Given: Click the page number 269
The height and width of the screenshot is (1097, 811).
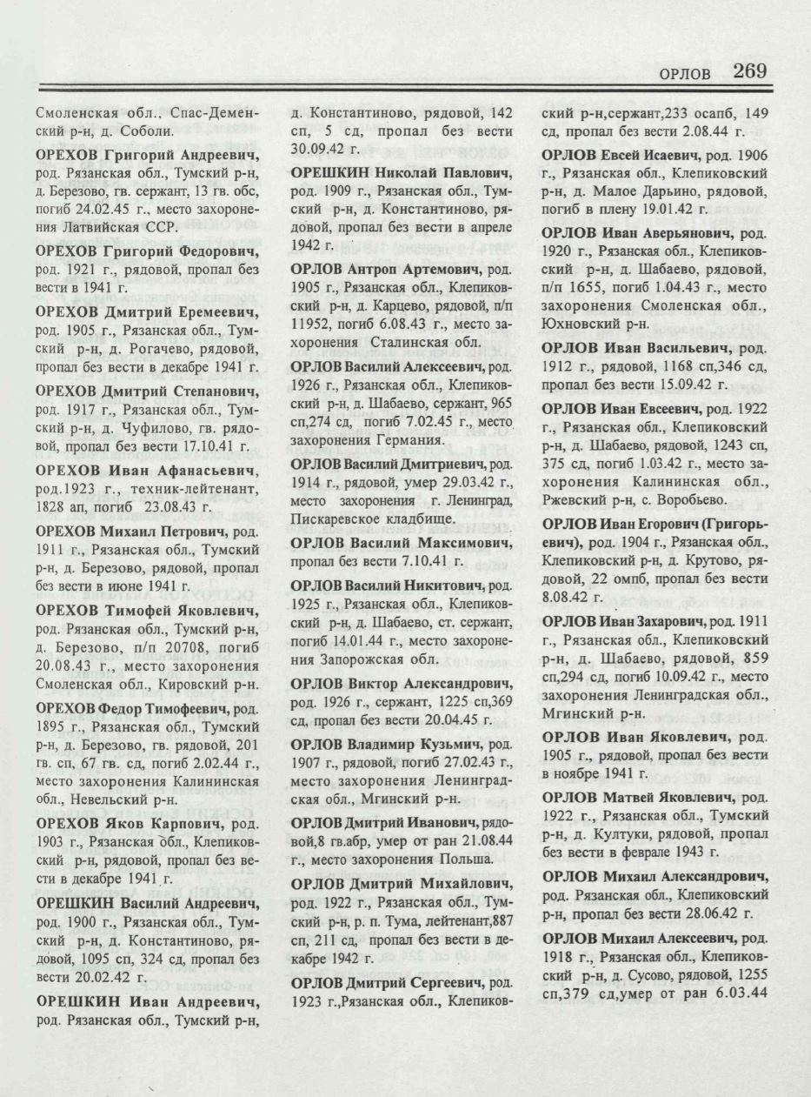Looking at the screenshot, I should (749, 71).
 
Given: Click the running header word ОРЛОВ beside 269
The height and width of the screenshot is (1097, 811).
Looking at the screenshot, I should (685, 75).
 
